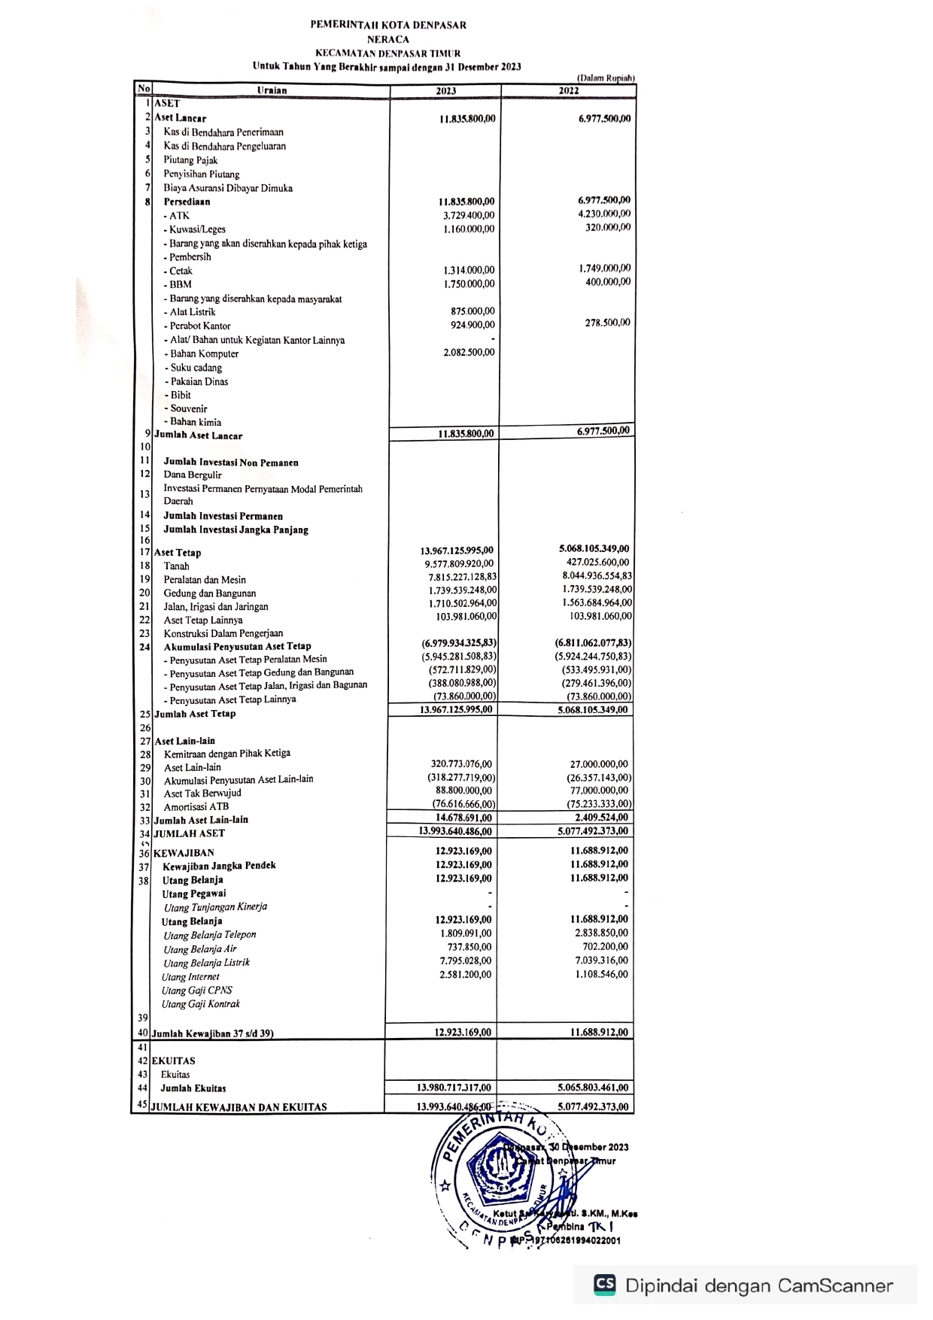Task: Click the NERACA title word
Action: click(x=388, y=39)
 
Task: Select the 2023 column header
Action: click(x=446, y=91)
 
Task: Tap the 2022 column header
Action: click(x=569, y=91)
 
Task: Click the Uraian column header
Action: click(x=272, y=91)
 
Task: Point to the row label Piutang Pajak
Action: click(x=190, y=160)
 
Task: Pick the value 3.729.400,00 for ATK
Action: click(x=469, y=216)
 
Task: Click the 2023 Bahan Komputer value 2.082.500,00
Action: click(x=469, y=353)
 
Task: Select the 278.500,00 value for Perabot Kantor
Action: click(x=608, y=323)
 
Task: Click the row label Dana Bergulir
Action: click(x=193, y=475)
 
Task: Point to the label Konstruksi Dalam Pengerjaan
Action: click(x=223, y=633)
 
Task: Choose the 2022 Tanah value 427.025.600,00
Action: click(x=598, y=563)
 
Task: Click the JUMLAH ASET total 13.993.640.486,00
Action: click(x=455, y=832)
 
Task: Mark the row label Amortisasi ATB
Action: click(x=196, y=807)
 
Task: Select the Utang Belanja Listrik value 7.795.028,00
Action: click(x=466, y=961)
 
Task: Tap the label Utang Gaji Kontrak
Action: click(x=201, y=1005)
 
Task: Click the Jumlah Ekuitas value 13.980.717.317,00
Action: click(x=454, y=1088)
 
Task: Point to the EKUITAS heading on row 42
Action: click(x=174, y=1061)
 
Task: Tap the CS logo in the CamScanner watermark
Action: click(x=604, y=1285)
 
